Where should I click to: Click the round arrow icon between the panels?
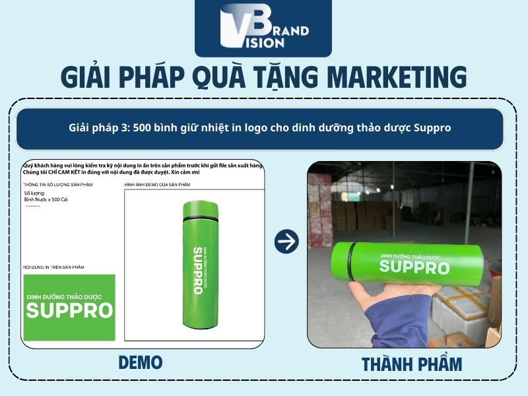286,242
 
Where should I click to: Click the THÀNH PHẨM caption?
412,364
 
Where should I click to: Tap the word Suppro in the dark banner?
432,128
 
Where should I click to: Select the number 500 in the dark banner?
143,128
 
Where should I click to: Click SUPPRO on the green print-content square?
69,311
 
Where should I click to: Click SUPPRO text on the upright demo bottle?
197,271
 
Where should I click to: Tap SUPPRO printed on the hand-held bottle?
414,267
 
